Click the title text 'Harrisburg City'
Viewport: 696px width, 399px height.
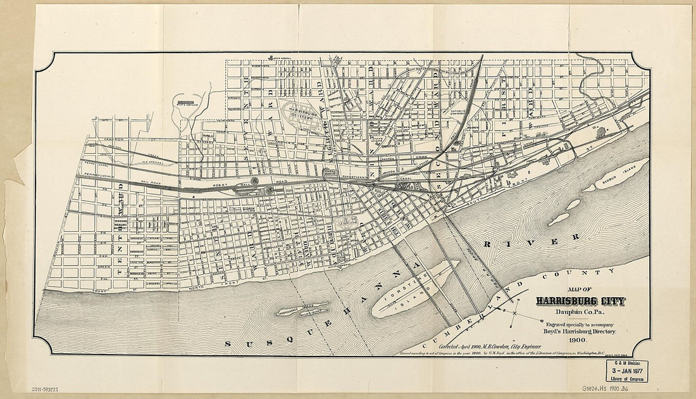(580, 301)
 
